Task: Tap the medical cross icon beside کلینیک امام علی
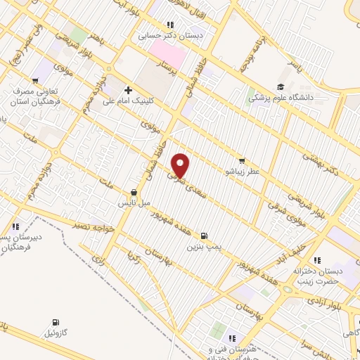pyautogui.click(x=128, y=90)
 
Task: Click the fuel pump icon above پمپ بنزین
pyautogui.click(x=204, y=236)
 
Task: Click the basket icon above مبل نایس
pyautogui.click(x=134, y=192)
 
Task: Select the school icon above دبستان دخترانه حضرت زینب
pyautogui.click(x=318, y=259)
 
